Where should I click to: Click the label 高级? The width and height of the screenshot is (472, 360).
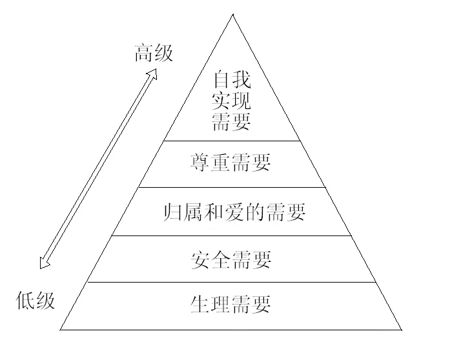click(154, 53)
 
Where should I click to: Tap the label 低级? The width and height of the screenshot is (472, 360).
click(36, 300)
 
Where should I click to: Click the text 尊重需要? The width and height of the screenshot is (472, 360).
click(231, 162)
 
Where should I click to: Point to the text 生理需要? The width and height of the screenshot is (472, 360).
click(231, 303)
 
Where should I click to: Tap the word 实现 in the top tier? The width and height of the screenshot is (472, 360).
click(231, 101)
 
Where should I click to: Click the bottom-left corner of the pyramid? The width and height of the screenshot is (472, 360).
click(61, 330)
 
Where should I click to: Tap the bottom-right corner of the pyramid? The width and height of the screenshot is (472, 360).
click(402, 330)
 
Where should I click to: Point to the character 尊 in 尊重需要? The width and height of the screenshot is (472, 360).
click(201, 162)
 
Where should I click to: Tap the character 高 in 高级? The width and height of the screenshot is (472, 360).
click(144, 53)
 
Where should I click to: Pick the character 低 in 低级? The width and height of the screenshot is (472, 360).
click(26, 300)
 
